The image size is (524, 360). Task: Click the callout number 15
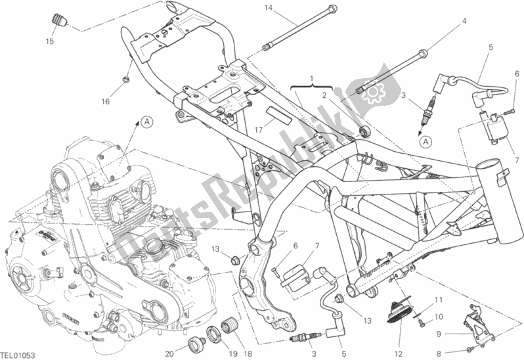pos(50,41)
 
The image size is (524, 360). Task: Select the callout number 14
pos(269,8)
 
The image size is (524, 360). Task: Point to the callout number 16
pos(106,101)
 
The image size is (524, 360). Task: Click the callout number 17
pos(259,129)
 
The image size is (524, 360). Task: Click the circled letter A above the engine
pos(146,122)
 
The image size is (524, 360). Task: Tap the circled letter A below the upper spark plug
pos(426,142)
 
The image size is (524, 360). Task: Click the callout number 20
pos(170,353)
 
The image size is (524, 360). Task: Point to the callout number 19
pos(233,353)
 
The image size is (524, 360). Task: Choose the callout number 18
pos(248,353)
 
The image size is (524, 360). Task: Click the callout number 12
pos(399,353)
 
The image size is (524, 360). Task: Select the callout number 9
pos(439,334)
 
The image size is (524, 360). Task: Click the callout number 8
pos(439,353)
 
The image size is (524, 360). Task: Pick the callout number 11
pos(439,300)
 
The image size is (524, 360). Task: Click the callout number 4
pos(464,21)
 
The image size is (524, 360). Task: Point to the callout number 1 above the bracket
pos(312,79)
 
